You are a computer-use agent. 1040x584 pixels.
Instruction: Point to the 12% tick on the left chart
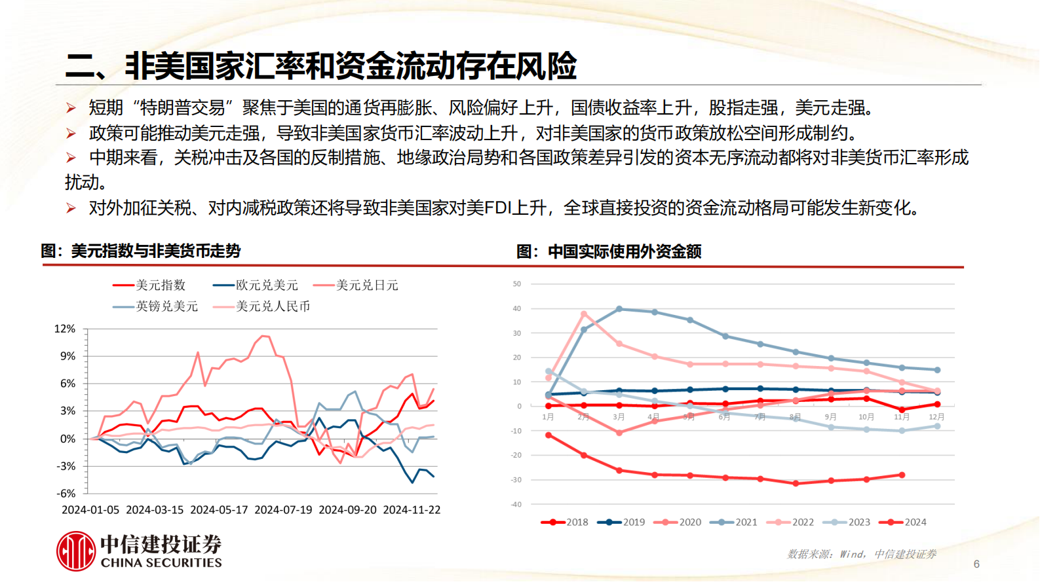[65, 329]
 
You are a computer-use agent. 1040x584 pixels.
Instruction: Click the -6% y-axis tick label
[66, 494]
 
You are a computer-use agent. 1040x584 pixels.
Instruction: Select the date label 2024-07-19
[283, 510]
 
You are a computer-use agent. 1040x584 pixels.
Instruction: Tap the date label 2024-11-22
[412, 510]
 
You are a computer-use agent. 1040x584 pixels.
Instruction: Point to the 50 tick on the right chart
[517, 284]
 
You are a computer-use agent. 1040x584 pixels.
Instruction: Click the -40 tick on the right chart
[516, 505]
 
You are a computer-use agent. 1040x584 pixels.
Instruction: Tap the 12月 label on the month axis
[936, 417]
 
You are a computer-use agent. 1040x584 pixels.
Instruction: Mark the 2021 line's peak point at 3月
[619, 309]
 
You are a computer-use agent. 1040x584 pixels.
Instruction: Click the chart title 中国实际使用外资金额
[625, 251]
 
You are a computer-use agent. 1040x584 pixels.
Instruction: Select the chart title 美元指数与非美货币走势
[156, 251]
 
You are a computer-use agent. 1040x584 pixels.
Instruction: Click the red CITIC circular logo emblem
[76, 551]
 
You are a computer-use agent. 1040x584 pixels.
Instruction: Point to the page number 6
[976, 564]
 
